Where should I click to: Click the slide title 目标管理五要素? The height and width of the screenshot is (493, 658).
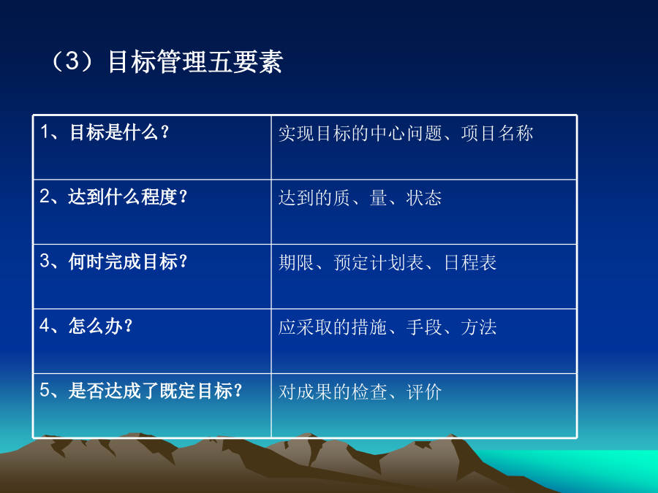[195, 61]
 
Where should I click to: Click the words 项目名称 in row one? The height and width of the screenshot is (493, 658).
[497, 134]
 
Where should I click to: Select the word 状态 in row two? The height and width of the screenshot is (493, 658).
[424, 198]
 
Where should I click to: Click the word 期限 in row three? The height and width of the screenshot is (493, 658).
[296, 262]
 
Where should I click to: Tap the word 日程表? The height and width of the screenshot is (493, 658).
[470, 262]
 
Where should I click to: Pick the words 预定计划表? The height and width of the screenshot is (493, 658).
[379, 262]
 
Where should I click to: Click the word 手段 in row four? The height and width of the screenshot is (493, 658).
[424, 327]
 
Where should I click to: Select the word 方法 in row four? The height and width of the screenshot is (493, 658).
[479, 327]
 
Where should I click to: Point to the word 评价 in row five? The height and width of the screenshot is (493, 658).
[424, 392]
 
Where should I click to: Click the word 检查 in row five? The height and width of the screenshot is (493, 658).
[369, 392]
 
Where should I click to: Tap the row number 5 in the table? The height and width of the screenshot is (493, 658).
[45, 390]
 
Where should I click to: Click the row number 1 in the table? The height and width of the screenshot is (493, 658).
[44, 132]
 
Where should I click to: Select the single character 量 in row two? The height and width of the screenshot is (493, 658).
[379, 198]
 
